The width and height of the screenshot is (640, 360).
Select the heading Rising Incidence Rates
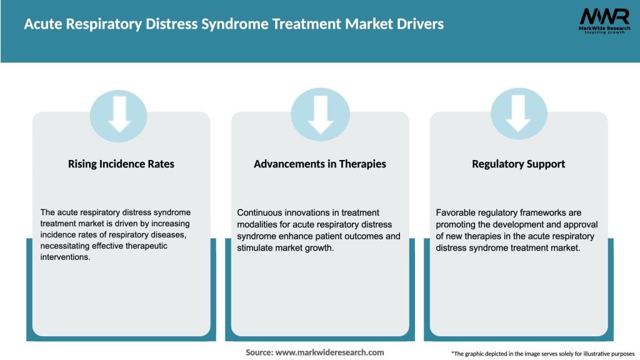121,164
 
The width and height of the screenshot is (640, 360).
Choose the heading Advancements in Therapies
320,164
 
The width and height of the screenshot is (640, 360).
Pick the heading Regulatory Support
519,164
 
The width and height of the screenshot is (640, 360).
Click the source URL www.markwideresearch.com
329,352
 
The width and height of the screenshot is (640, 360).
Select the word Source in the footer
259,352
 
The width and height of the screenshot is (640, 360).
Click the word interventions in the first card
64,257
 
